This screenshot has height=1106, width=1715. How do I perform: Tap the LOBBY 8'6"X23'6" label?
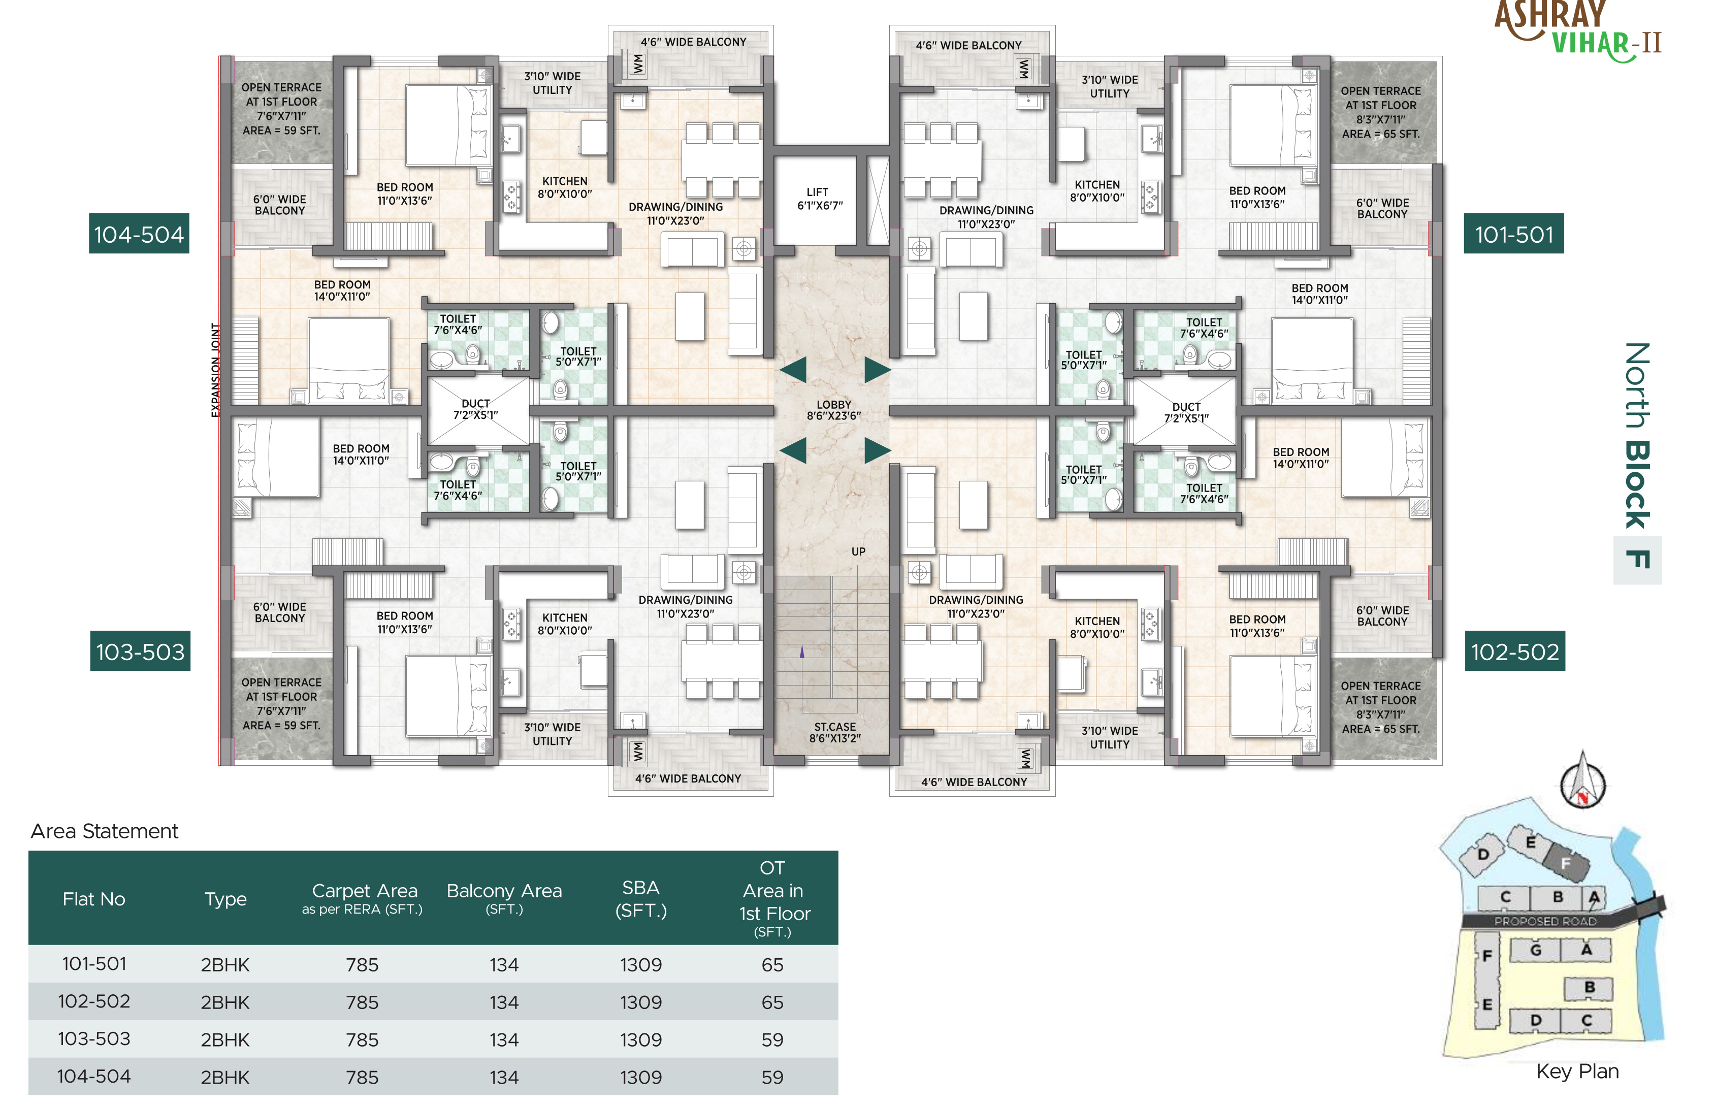[834, 410]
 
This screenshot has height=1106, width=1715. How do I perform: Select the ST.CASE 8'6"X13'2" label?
[834, 733]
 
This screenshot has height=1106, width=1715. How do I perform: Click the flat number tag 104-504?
[139, 234]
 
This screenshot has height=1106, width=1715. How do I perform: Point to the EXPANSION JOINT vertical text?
[215, 370]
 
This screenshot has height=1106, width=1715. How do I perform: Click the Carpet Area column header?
[364, 898]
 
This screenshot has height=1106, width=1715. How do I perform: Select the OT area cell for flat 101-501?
[773, 964]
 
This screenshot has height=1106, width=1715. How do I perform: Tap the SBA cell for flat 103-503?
[640, 1039]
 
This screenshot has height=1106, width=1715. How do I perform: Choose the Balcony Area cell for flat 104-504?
[504, 1077]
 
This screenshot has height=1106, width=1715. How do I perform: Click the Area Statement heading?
[104, 831]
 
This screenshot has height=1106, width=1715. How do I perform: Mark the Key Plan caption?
[1577, 1071]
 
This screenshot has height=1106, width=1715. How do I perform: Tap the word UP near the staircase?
[858, 551]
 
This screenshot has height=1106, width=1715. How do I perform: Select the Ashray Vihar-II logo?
[1578, 30]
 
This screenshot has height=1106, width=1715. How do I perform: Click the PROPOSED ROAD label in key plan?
[1545, 921]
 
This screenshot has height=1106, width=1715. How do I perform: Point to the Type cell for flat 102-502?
[225, 1002]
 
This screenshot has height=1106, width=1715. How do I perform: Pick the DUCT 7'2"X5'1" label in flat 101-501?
[1186, 412]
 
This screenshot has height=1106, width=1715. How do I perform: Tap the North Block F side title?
[1637, 460]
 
